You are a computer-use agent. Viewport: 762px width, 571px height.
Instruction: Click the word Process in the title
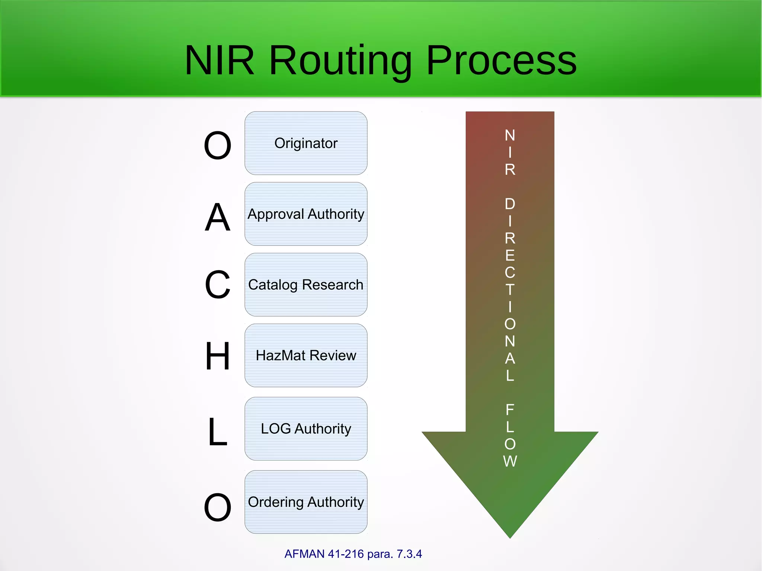coord(501,61)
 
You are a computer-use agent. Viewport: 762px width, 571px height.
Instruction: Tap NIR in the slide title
coord(220,61)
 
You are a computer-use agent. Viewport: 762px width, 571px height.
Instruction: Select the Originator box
coord(306,143)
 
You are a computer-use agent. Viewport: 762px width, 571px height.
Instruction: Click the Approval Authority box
coord(306,214)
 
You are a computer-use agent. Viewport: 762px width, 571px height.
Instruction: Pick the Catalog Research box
coord(306,285)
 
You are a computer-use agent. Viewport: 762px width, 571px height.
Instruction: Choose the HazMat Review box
coord(306,355)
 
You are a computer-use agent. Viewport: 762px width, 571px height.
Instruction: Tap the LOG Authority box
coord(306,429)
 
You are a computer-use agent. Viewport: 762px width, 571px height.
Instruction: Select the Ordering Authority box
coord(306,502)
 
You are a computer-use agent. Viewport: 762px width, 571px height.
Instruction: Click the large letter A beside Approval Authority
coord(218,218)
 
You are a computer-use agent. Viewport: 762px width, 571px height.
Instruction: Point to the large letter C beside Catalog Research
coord(218,285)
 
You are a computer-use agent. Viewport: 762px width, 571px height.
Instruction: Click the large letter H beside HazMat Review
coord(218,356)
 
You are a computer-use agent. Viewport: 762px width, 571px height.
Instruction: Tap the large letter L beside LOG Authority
coord(218,432)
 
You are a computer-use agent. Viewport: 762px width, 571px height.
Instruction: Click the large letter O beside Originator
coord(218,145)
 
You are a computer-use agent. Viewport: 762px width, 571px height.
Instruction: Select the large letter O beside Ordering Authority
coord(218,507)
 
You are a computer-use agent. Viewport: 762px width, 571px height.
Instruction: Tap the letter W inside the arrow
coord(510,461)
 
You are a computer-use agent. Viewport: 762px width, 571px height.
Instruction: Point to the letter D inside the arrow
coord(510,204)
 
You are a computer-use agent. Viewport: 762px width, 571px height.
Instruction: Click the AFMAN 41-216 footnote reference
coord(324,554)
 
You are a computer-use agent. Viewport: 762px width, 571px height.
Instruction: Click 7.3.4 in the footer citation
coord(409,554)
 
